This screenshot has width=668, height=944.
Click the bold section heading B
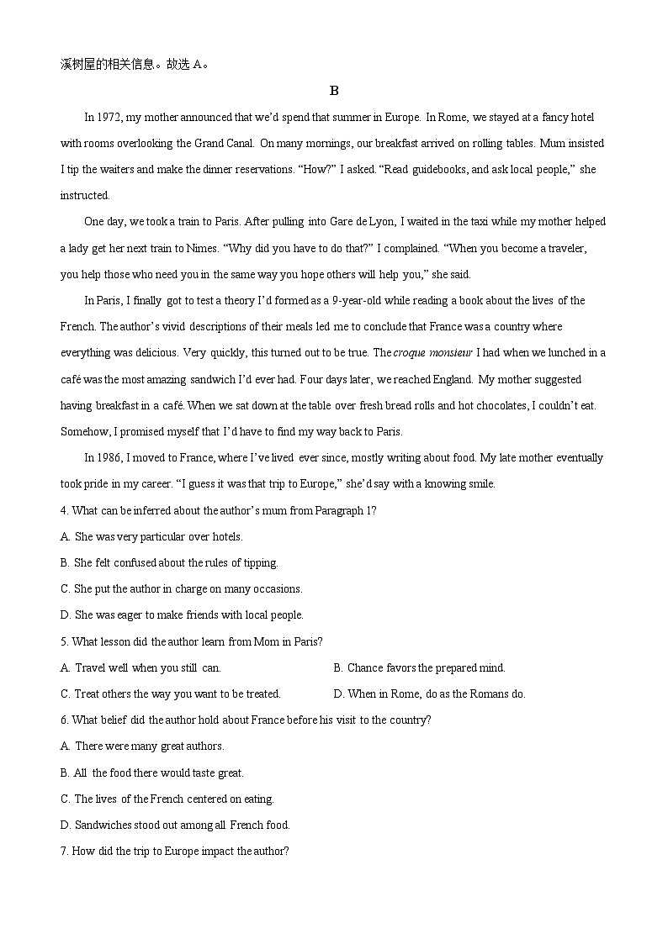(334, 91)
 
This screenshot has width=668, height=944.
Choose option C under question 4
(182, 588)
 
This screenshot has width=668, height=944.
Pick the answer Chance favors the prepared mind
(426, 667)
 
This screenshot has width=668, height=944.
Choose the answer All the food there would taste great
(159, 773)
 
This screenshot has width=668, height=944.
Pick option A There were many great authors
(150, 746)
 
